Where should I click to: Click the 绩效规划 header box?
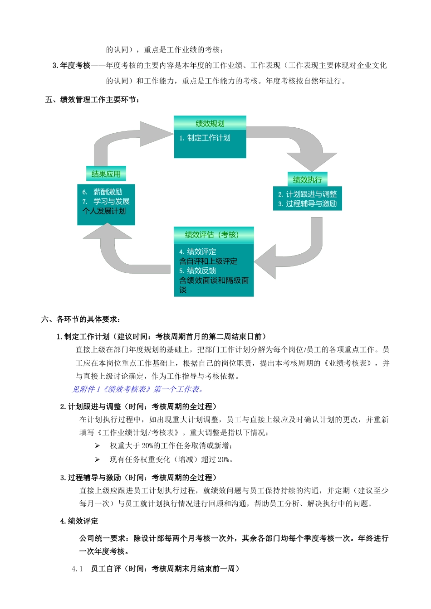tap(210, 123)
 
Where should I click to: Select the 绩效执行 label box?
tap(307, 179)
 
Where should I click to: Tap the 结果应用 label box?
tap(106, 174)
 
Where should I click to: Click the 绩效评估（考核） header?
tap(213, 235)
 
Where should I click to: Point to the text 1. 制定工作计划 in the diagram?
tap(205, 138)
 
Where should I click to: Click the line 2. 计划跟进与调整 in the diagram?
tap(307, 194)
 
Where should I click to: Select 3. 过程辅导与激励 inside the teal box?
tap(307, 204)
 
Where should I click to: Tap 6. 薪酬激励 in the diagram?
tap(103, 192)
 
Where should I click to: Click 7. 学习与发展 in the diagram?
tap(106, 202)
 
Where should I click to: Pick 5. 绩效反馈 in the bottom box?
tap(197, 271)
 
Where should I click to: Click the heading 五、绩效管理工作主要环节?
tap(93, 100)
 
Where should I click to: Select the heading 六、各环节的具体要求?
tap(81, 319)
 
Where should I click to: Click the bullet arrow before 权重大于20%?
tap(97, 446)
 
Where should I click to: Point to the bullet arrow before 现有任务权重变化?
tap(97, 459)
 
